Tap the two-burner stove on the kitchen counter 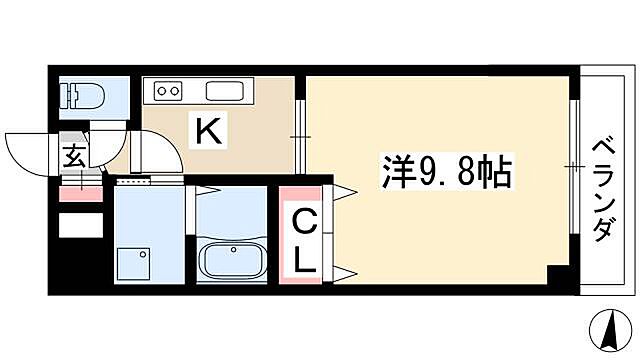click(168, 93)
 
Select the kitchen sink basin click(225, 93)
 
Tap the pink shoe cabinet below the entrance click(79, 192)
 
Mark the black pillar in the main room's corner click(559, 279)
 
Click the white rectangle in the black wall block click(80, 225)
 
